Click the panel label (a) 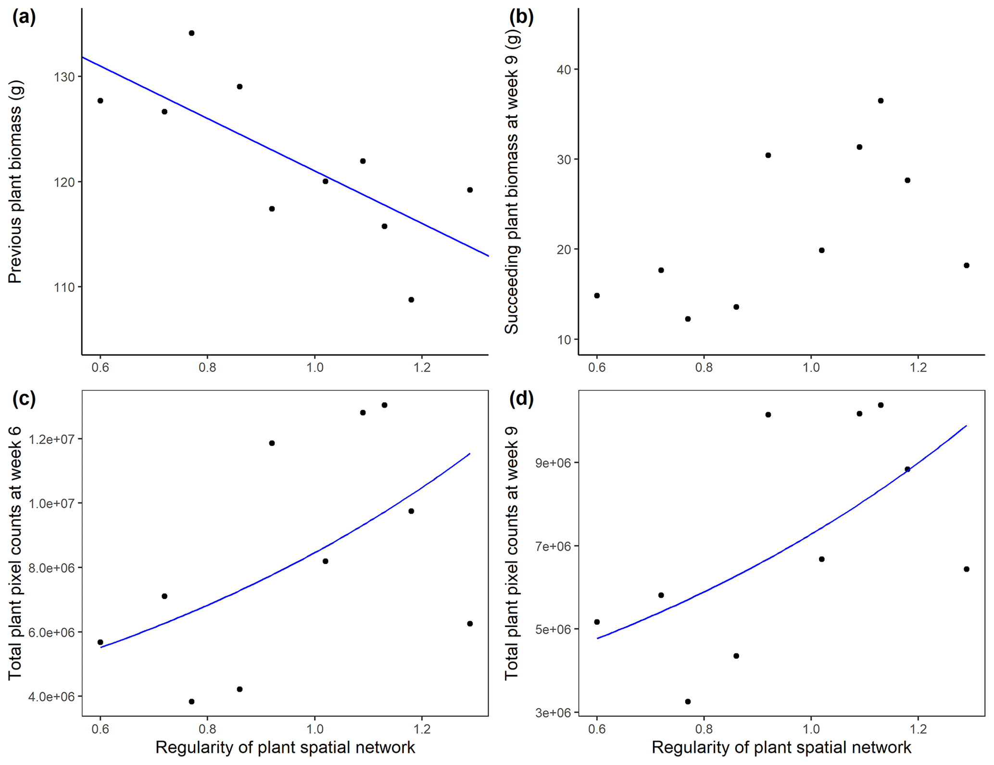click(24, 18)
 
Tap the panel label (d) click(521, 399)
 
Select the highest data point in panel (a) click(191, 33)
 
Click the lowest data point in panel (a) click(411, 300)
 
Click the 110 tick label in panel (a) click(64, 288)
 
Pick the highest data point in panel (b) click(881, 100)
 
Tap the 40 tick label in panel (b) click(564, 70)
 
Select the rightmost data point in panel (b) click(967, 265)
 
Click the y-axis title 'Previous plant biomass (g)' click(15, 182)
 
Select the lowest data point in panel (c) click(191, 702)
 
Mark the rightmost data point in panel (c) click(470, 624)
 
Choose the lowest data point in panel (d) click(688, 702)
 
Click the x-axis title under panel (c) click(285, 747)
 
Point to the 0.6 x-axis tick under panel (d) click(597, 729)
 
